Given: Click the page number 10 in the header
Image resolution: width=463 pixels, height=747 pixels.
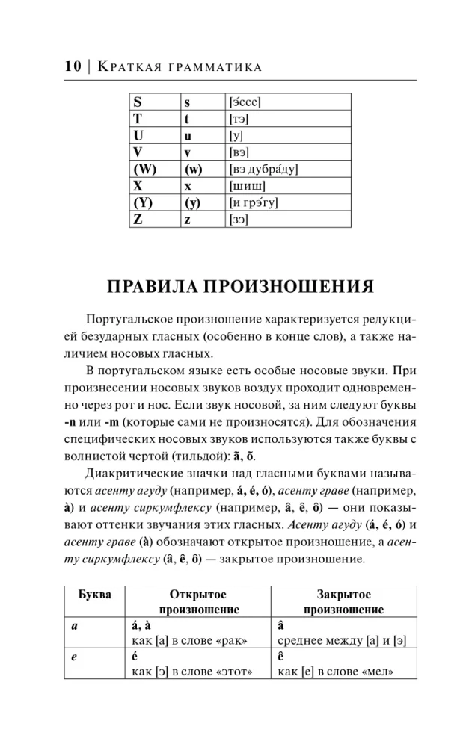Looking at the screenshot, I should [72, 67].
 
